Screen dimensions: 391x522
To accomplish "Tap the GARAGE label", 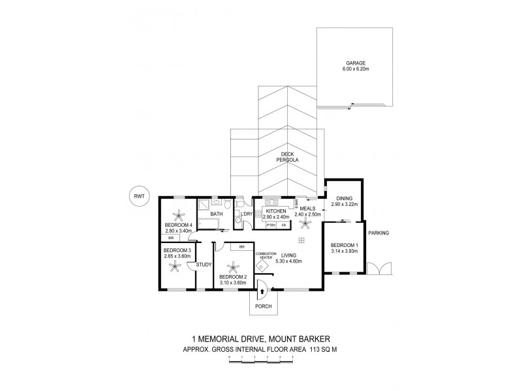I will (356, 63).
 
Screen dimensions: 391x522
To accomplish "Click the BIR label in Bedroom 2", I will (241, 247).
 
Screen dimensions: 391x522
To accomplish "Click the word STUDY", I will (204, 265).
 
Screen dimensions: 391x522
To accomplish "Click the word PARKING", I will (378, 233).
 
